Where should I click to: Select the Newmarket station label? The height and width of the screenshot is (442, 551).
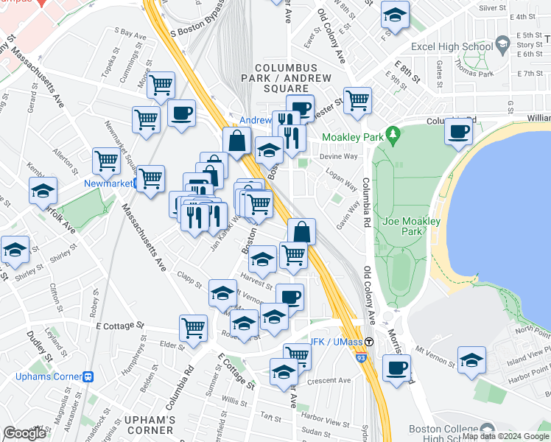pos(111,183)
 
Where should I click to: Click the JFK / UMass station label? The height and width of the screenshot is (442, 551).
pos(335,342)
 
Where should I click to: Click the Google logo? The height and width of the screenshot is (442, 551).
pos(24,433)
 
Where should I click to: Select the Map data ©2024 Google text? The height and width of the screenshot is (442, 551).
pos(505,436)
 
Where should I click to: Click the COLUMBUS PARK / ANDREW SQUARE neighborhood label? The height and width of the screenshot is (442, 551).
pos(287,78)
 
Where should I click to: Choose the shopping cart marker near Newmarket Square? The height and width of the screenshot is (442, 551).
pos(107,160)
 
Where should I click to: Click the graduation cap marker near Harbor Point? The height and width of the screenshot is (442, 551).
pos(471,359)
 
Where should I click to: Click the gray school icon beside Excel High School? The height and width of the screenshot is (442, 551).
pos(502,44)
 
